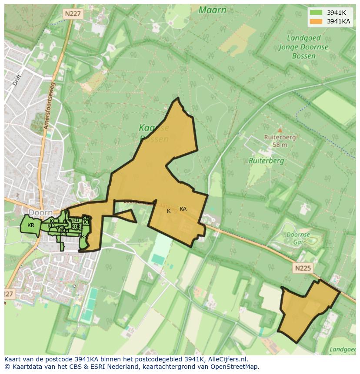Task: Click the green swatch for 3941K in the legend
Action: (x=316, y=13)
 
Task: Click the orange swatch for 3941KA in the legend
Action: (x=316, y=21)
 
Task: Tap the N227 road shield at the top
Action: (x=72, y=14)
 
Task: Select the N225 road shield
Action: (x=302, y=268)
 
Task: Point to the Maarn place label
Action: (x=212, y=10)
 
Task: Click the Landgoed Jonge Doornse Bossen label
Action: (x=303, y=47)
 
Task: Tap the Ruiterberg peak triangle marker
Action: (x=280, y=130)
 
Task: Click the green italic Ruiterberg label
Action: (x=266, y=160)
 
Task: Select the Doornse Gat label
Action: (x=298, y=238)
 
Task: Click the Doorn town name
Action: (x=40, y=212)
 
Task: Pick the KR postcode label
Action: (x=31, y=225)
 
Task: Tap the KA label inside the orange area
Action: (x=183, y=209)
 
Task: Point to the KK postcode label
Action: (x=84, y=237)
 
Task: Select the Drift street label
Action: (x=17, y=79)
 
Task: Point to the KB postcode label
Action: (x=76, y=220)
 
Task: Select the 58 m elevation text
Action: (x=280, y=145)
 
